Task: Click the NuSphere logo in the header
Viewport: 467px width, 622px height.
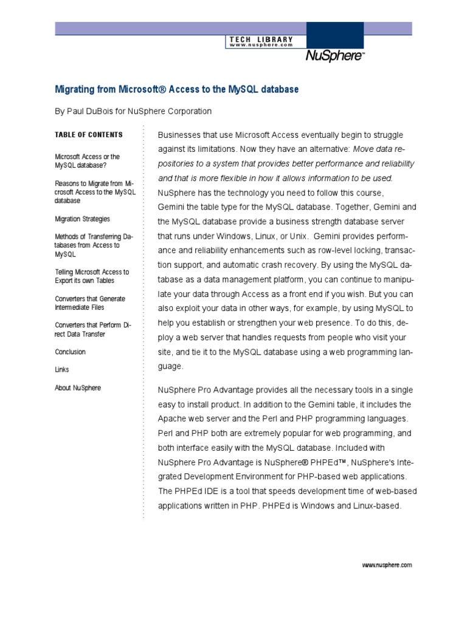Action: click(334, 57)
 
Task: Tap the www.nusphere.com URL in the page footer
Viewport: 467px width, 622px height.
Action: click(387, 565)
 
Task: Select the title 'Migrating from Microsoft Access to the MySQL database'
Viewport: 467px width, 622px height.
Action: click(177, 89)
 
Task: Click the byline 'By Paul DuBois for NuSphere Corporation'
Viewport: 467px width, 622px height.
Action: click(133, 111)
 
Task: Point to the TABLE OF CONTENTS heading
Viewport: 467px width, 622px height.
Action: click(88, 135)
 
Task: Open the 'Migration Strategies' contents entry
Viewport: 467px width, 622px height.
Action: click(82, 219)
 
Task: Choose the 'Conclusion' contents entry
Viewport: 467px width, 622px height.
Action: click(70, 352)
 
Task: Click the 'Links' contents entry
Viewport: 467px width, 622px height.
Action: click(61, 369)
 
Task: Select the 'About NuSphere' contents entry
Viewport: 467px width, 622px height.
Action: click(78, 388)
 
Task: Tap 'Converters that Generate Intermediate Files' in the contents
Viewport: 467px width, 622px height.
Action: click(90, 303)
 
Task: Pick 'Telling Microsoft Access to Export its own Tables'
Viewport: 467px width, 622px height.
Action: click(92, 276)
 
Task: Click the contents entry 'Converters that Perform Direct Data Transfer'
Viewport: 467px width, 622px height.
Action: click(92, 329)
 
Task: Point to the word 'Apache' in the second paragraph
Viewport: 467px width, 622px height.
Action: click(172, 419)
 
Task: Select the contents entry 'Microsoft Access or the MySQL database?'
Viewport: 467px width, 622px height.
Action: click(87, 161)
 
